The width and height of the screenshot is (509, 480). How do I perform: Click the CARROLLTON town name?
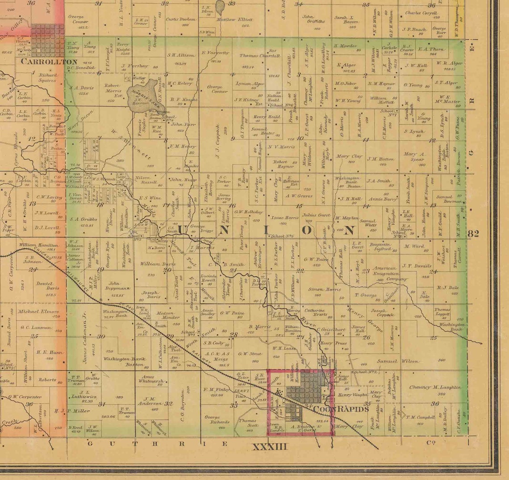point(49,62)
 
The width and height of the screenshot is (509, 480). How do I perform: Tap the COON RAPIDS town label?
point(341,409)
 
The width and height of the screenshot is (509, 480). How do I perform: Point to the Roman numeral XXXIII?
point(270,446)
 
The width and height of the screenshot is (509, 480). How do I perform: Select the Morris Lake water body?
point(140,98)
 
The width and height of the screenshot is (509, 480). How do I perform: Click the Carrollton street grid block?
point(47,40)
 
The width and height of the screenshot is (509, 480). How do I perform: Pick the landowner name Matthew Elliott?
point(234,20)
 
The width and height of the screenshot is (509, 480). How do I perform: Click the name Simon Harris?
point(324,289)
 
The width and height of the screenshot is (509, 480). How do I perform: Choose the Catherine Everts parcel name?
point(316,312)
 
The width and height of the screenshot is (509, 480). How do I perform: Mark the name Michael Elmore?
point(38,311)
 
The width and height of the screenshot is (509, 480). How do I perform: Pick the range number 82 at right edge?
point(473,233)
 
